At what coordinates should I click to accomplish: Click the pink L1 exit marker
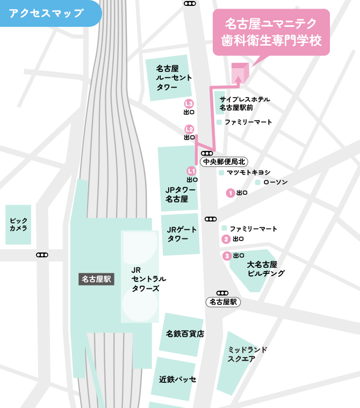tap(190, 171)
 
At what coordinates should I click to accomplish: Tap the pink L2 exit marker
tap(189, 129)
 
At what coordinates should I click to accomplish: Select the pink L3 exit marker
tap(189, 104)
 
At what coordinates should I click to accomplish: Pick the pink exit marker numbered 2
tap(227, 239)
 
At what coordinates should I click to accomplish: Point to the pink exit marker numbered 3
tap(227, 256)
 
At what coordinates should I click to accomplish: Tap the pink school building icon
tap(239, 72)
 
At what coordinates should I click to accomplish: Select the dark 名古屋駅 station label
tap(97, 279)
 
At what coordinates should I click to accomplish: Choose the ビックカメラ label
tap(18, 224)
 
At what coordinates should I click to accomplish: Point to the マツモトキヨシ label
tap(248, 173)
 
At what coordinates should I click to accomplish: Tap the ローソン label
tap(275, 183)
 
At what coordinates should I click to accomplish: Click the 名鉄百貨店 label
tap(185, 333)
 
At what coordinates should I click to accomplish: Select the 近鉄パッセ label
tap(177, 379)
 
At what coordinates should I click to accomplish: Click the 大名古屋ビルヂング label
tap(262, 269)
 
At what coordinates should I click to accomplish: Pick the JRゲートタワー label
tap(181, 234)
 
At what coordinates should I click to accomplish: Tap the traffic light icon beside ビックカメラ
tap(42, 255)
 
